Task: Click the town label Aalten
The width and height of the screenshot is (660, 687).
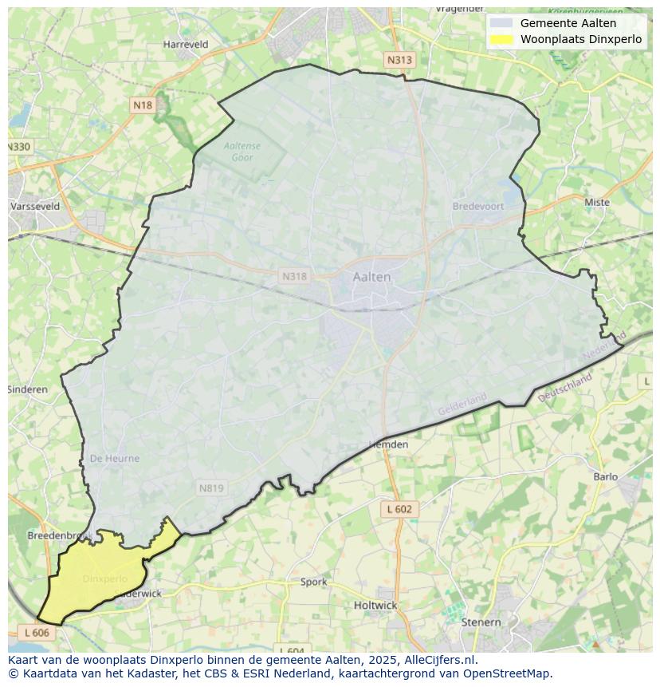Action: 371,277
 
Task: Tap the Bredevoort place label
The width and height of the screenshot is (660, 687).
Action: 478,206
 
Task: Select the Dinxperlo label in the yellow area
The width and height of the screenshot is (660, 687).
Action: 104,578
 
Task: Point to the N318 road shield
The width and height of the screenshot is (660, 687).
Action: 294,276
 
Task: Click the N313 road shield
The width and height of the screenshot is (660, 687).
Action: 400,60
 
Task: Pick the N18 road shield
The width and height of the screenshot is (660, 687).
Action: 143,105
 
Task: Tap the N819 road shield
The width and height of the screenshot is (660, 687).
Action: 211,488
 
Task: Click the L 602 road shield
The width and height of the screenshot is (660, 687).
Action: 399,509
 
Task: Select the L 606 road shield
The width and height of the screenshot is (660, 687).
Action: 37,633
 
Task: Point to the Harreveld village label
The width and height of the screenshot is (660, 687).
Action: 185,45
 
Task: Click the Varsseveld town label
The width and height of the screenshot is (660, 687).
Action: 35,206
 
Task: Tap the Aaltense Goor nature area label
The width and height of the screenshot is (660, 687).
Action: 242,152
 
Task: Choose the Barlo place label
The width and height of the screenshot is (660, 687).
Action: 605,477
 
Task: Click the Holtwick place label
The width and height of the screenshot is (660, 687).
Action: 375,606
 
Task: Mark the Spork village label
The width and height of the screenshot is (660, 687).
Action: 313,582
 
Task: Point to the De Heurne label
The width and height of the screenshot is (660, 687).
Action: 115,459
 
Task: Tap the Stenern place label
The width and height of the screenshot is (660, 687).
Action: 481,622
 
